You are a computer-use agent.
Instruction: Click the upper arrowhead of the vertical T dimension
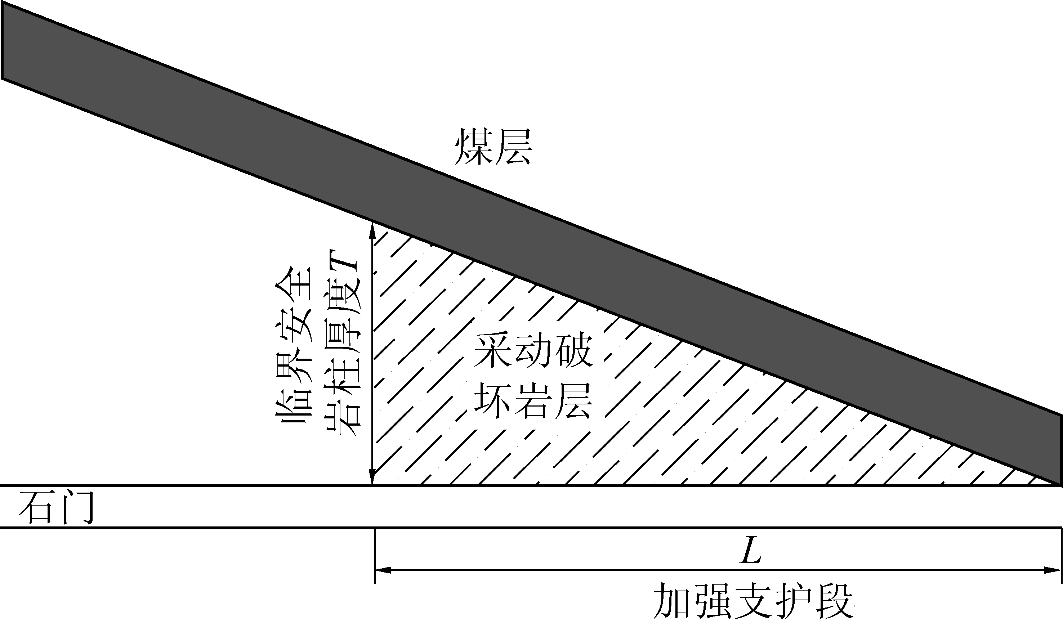pos(372,230)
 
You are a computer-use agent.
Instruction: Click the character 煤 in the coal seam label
pos(473,147)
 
